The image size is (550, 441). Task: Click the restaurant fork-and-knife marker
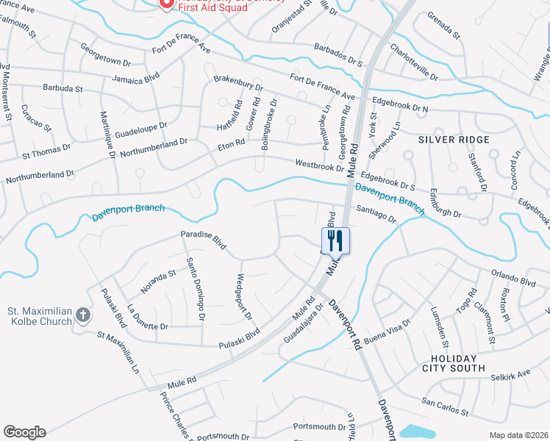click(335, 240)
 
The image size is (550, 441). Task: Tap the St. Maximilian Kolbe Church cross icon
click(83, 316)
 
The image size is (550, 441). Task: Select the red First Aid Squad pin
click(165, 4)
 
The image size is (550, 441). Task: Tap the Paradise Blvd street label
click(204, 240)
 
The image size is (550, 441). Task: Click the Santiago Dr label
click(376, 213)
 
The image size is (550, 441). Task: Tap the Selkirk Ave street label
click(510, 375)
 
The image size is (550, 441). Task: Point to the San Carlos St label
click(446, 406)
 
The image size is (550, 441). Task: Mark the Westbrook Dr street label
click(320, 166)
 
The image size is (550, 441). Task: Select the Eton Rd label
click(231, 146)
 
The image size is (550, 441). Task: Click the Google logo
click(24, 432)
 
